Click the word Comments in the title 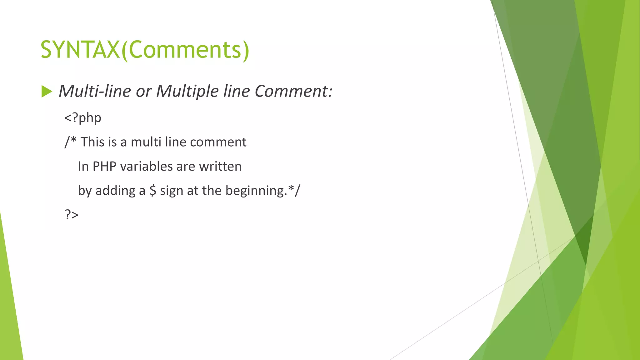[185, 50]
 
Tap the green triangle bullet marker [47, 92]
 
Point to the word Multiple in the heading [187, 91]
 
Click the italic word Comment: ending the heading [293, 91]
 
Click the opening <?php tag [83, 118]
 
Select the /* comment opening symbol [70, 142]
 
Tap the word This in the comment [92, 142]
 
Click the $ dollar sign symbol [152, 190]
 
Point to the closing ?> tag [72, 215]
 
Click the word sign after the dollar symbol [172, 191]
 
